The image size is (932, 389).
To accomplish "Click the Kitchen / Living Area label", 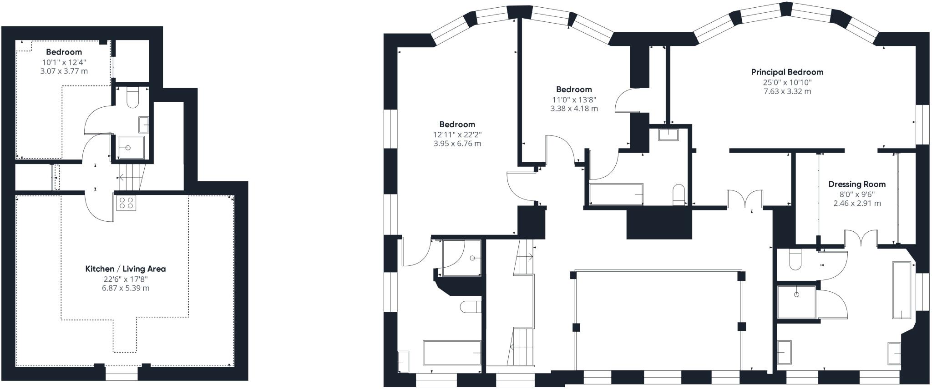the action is (x=126, y=269).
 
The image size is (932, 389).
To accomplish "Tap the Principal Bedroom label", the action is (x=787, y=72).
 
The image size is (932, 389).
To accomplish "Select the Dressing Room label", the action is (x=857, y=184).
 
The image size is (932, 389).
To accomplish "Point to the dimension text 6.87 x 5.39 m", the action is (x=126, y=288).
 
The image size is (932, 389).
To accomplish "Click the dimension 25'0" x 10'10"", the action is (x=787, y=82).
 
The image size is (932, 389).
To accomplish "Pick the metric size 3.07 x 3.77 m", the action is (x=64, y=71).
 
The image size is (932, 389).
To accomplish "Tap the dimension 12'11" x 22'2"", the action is (x=457, y=135).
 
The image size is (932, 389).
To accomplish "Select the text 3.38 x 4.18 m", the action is (x=574, y=109).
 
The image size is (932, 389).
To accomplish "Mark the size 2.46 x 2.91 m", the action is (x=857, y=203).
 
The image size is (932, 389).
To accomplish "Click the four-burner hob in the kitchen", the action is (x=127, y=203).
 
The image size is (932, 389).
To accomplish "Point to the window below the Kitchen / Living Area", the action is (x=122, y=373).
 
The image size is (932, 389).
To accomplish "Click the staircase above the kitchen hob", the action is (x=131, y=177).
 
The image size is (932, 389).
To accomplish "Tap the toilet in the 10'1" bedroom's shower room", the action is (x=132, y=97).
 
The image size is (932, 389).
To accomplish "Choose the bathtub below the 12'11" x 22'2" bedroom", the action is (x=452, y=353).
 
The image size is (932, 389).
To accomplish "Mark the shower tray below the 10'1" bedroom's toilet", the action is (x=128, y=147).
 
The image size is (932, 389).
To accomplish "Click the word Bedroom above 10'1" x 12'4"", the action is (x=64, y=52).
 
